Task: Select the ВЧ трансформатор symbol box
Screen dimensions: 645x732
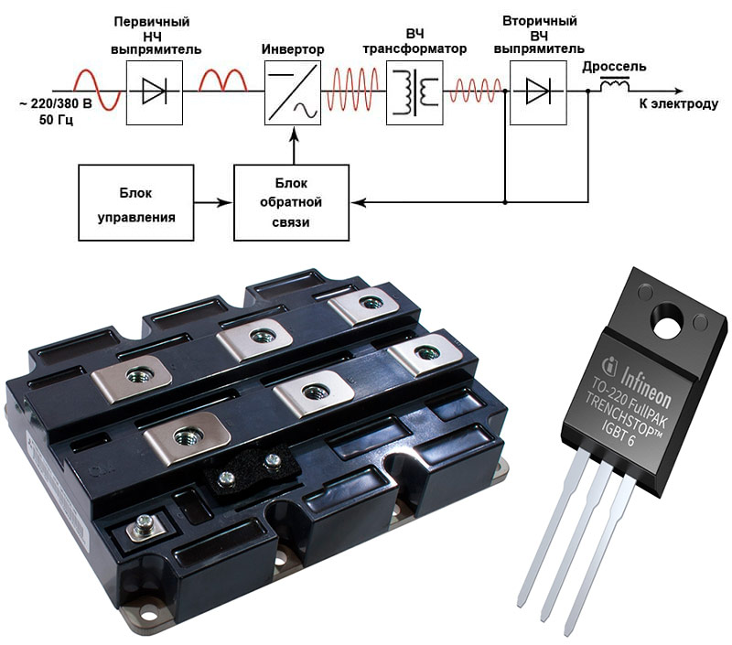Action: [414, 92]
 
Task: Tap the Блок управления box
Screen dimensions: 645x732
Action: [136, 202]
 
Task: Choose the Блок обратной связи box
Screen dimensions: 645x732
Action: [292, 202]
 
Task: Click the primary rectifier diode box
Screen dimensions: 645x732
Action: [154, 92]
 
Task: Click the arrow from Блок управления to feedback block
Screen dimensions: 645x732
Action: [214, 202]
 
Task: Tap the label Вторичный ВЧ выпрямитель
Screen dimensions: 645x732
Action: [539, 34]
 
